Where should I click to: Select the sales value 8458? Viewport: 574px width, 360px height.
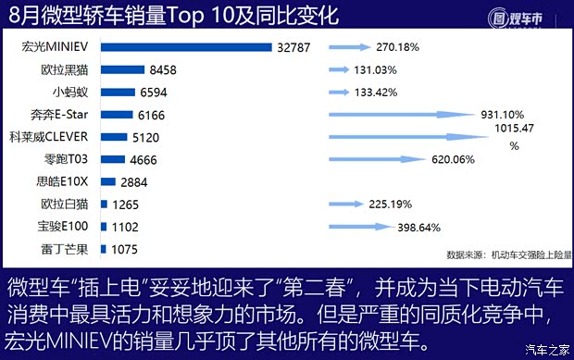click(x=164, y=69)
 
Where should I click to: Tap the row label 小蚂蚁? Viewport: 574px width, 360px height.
click(x=71, y=92)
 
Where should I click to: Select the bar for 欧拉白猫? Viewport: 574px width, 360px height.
click(x=104, y=205)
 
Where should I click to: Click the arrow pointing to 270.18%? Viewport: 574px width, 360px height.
click(x=348, y=46)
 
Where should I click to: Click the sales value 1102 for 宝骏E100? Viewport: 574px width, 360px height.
click(x=123, y=227)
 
